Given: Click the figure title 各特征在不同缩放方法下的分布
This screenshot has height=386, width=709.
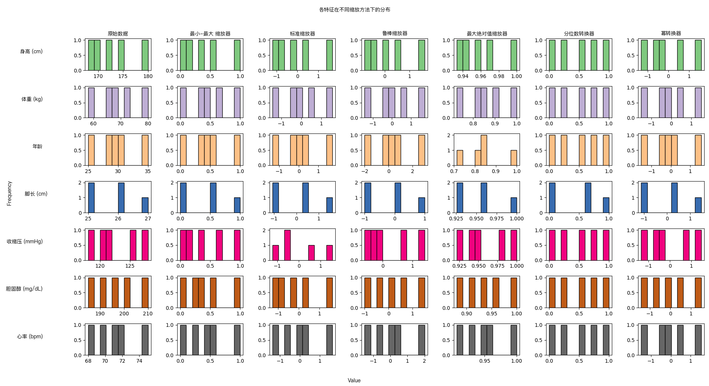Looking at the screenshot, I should [354, 10].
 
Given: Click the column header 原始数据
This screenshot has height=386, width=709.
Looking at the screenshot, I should [118, 34].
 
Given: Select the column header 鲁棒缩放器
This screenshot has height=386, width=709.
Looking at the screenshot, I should [395, 34].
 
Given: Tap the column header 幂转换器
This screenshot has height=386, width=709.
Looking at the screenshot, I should [671, 34].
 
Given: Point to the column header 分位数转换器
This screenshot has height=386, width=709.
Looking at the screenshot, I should [579, 34].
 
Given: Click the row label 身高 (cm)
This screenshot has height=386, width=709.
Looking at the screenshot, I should [31, 51].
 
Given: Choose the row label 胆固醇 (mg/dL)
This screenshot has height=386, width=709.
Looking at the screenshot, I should [24, 289].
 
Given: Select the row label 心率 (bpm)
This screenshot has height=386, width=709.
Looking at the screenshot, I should [30, 336].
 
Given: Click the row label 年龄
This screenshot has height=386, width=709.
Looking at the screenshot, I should [37, 146].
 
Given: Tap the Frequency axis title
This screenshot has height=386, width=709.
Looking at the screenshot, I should [9, 193].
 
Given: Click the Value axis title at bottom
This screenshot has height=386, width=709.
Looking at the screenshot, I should [354, 380].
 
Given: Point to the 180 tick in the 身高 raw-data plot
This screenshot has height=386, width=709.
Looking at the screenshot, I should [148, 76].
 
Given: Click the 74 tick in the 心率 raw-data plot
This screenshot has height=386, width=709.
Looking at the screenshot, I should [139, 361].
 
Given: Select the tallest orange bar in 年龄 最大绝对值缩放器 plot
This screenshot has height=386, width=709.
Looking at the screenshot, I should [484, 150].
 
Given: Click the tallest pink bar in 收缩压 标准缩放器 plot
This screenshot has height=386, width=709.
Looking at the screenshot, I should [287, 245].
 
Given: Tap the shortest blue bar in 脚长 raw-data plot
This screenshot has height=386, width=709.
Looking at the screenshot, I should [145, 205].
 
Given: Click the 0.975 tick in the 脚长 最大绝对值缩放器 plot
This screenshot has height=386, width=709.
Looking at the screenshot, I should [497, 219].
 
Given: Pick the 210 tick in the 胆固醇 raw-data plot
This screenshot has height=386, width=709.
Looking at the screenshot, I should [148, 314].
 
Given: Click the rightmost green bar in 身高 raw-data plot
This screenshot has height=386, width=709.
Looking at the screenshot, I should [145, 55].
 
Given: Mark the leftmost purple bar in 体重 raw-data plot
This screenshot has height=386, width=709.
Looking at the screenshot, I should [91, 103].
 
